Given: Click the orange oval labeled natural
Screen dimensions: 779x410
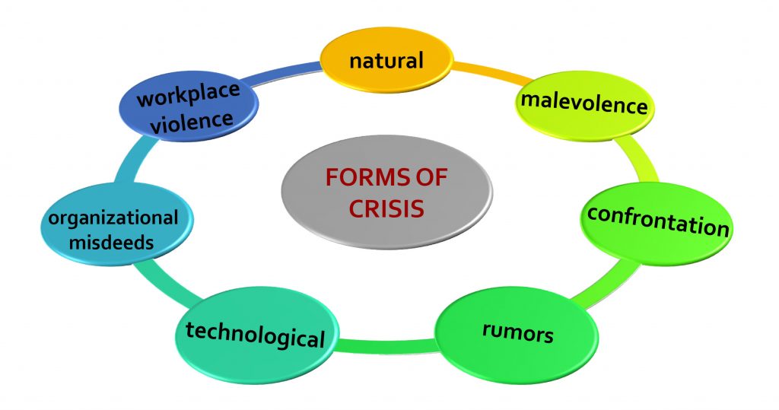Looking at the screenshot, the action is click(386, 59).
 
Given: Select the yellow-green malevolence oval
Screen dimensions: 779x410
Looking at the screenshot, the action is click(583, 106).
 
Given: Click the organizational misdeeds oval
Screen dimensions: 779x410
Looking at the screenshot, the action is click(116, 224).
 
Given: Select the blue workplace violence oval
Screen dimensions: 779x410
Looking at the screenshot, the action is click(189, 106).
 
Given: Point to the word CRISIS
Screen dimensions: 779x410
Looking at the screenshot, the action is click(386, 208).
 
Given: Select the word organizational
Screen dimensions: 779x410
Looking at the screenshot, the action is click(113, 218).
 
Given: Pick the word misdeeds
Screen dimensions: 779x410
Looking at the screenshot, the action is click(111, 243).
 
